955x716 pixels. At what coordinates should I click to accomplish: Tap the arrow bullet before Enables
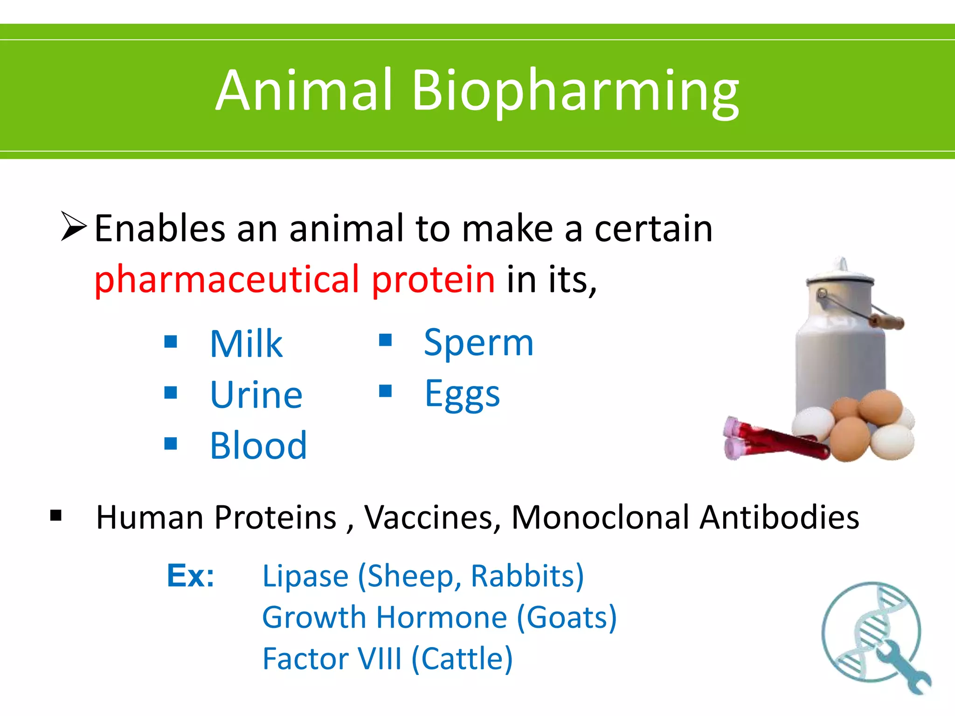tap(74, 227)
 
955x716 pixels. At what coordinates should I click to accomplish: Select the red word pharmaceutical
tap(227, 280)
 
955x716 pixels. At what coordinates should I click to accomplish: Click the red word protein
tap(433, 280)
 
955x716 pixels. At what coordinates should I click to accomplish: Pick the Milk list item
tap(246, 344)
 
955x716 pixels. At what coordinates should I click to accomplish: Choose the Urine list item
tap(256, 395)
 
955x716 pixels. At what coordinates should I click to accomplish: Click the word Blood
tap(258, 446)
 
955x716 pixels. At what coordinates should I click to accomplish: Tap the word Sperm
tap(478, 343)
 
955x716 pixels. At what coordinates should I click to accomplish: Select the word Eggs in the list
tap(462, 394)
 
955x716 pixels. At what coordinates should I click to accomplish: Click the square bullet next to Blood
tap(171, 443)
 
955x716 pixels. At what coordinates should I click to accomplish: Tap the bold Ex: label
tap(190, 576)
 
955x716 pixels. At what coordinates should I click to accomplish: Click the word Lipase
tap(305, 576)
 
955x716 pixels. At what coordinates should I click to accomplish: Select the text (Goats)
tap(567, 618)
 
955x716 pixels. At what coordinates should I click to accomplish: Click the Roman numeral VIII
tap(378, 659)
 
